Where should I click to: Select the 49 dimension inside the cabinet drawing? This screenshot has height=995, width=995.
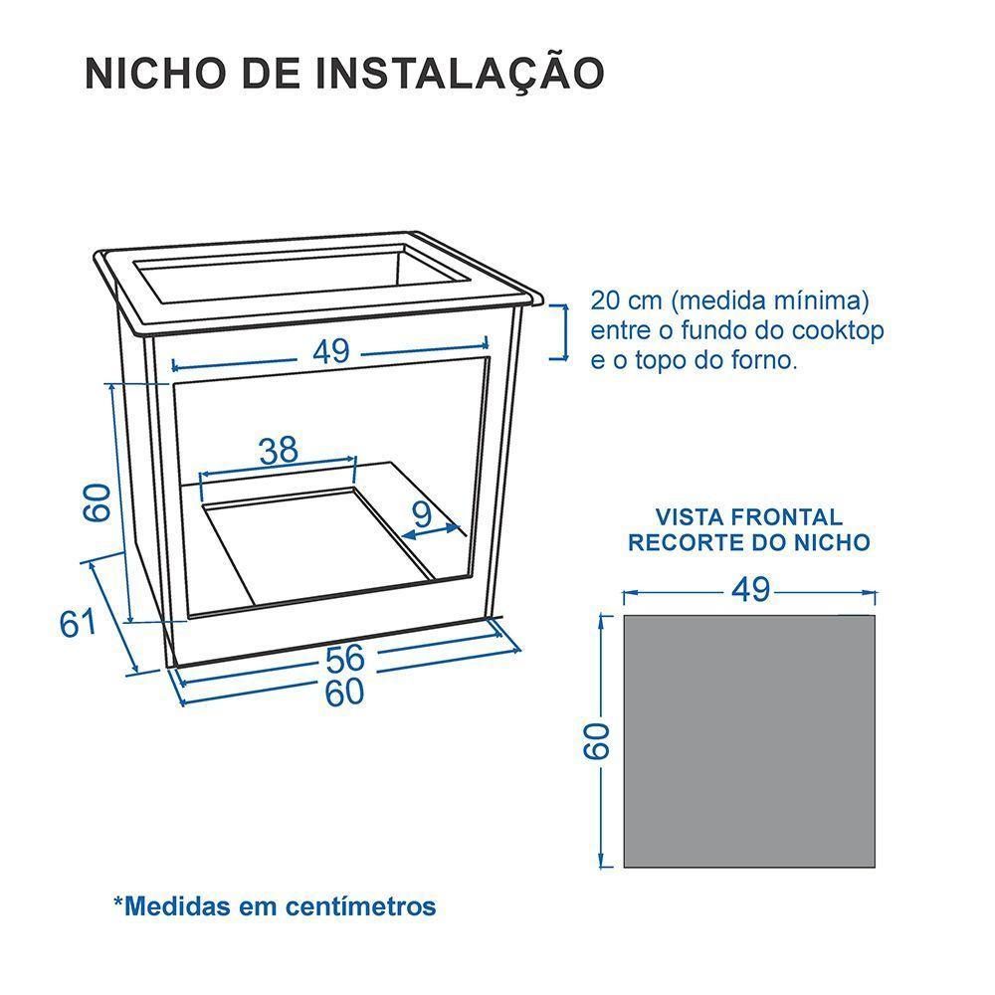[331, 352]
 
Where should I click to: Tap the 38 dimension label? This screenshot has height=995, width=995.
[279, 451]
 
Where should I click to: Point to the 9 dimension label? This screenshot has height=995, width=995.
[422, 514]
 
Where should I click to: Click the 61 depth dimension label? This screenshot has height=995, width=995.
[78, 624]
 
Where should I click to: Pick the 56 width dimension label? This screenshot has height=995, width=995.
[344, 658]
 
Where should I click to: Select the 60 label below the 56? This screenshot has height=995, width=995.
[344, 693]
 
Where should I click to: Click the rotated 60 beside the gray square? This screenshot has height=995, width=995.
[595, 741]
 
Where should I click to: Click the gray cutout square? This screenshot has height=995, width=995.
[749, 741]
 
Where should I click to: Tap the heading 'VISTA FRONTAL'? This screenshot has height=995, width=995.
[748, 517]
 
